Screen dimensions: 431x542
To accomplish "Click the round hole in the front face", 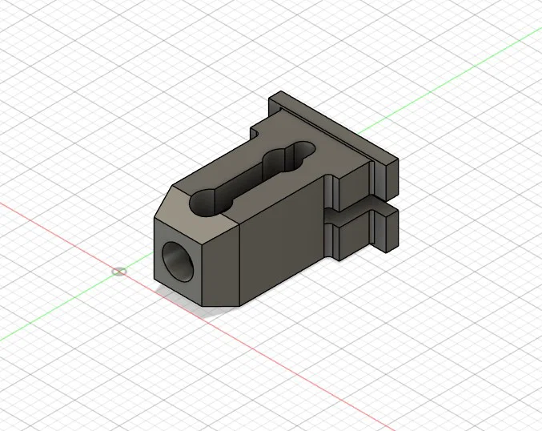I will [x=177, y=260].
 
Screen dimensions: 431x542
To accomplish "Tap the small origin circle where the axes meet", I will [x=119, y=272].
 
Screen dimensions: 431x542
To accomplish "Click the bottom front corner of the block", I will [x=204, y=306].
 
